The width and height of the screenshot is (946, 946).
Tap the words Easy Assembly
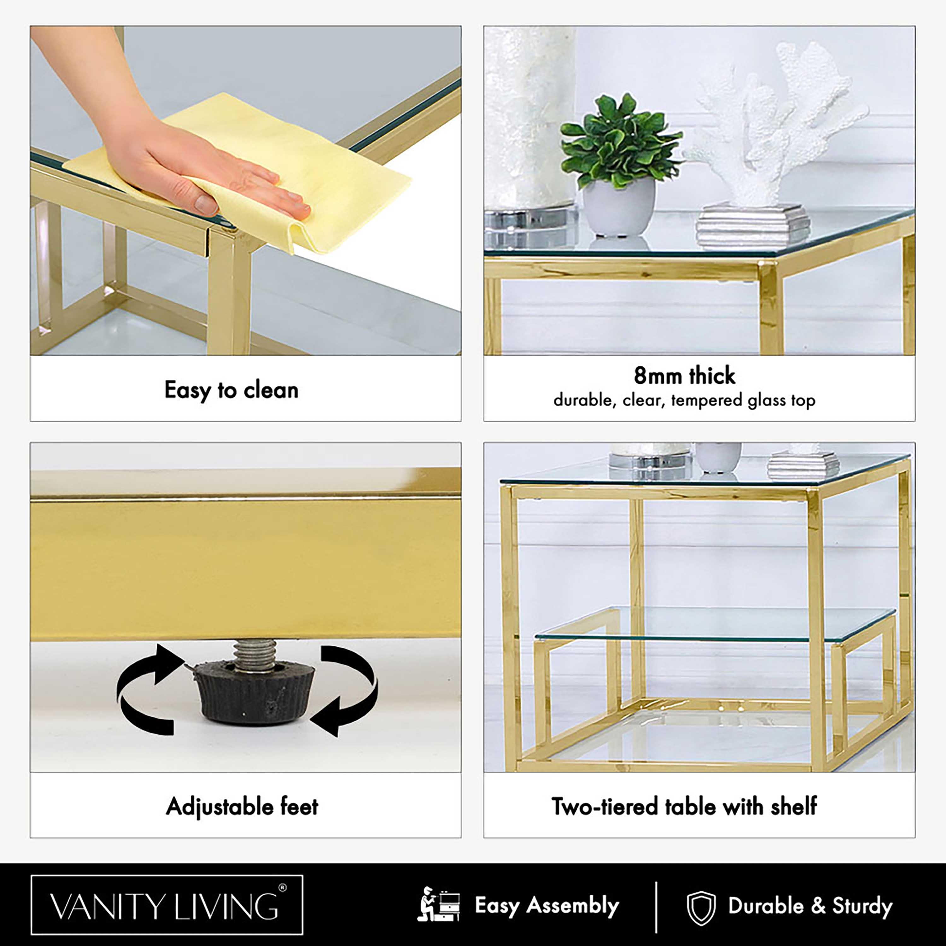pos(547,905)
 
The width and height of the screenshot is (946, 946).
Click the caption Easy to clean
pos(231,390)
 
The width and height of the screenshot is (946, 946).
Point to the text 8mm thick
pos(685,376)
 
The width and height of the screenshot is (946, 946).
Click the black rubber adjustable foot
pos(254,692)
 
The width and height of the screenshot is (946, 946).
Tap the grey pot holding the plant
pos(619,207)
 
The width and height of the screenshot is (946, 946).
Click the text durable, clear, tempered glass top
pos(685,400)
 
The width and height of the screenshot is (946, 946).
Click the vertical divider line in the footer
pos(656,907)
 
